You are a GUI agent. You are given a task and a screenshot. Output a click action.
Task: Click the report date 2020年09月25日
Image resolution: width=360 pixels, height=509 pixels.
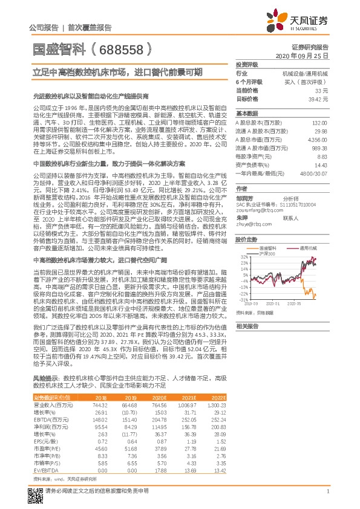tap(306, 55)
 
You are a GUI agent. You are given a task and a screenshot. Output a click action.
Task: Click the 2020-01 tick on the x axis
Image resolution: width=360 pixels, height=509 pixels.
tap(273, 303)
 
